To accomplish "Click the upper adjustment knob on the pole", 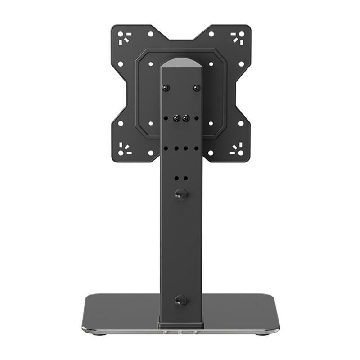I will click(181, 194).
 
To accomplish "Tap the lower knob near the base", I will click(181, 300).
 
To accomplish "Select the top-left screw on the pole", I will click(166, 87).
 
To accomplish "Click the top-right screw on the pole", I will click(196, 87).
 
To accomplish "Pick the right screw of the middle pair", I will click(185, 119).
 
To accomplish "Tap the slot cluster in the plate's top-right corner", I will click(237, 37).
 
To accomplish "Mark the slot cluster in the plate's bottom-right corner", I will click(237, 149).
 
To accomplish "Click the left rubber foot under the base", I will click(100, 333).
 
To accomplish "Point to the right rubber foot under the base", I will click(261, 333).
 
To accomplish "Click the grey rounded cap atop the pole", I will click(181, 63).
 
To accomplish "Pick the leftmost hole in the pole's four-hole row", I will click(166, 148).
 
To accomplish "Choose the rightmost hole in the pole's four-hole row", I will click(196, 148).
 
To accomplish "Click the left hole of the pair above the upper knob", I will click(176, 178).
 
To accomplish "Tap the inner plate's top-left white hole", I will click(150, 64).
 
